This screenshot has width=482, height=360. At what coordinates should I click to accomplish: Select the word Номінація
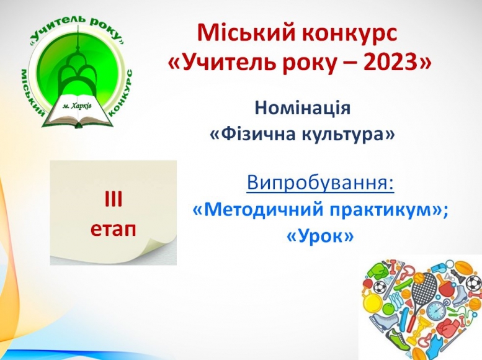(303, 108)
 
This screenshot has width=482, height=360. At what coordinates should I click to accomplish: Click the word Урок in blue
(320, 236)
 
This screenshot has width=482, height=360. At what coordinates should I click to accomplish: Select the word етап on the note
(113, 229)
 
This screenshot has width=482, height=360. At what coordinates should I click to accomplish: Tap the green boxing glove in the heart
(377, 271)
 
